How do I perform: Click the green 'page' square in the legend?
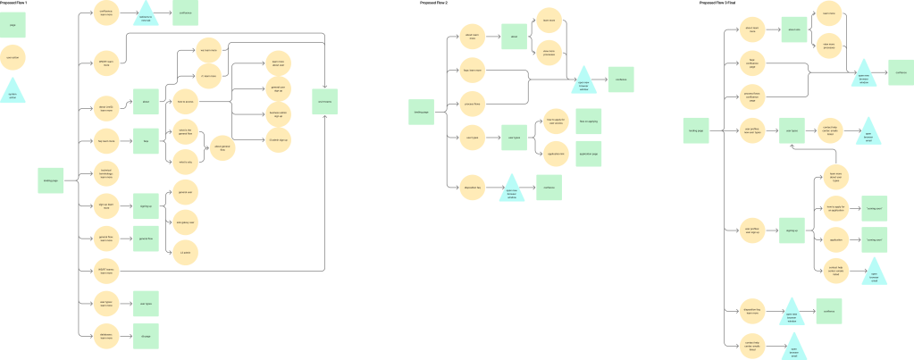coord(13,25)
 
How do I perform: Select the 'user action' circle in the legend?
coord(13,59)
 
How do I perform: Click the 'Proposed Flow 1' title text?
coord(17,4)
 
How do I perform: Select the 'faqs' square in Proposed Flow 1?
coord(146,140)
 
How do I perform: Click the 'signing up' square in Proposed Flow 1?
coord(146,206)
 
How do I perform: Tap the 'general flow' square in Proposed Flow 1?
coord(146,239)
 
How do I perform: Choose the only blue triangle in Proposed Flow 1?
coord(146,16)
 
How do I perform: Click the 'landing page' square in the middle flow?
coord(420,112)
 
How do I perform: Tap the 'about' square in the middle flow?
coord(514,37)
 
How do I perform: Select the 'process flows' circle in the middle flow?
coord(473,103)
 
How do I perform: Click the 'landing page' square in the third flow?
coord(696,131)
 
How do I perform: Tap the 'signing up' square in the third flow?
coord(792,230)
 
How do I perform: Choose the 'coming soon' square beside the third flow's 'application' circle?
coord(874,240)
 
